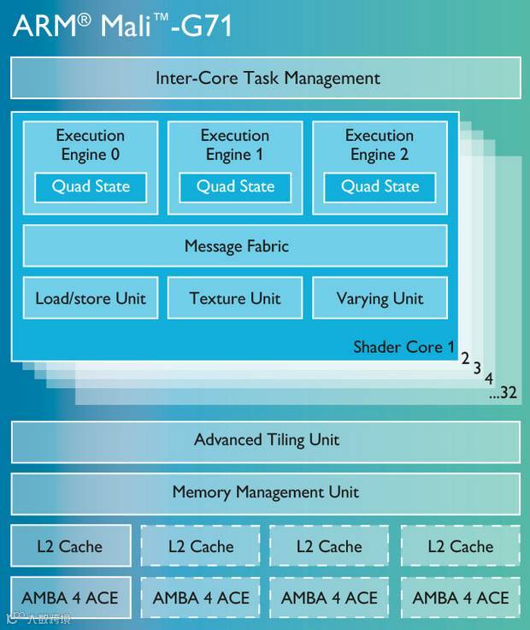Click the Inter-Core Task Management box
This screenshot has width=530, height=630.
point(266,78)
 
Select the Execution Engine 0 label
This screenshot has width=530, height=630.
point(90,144)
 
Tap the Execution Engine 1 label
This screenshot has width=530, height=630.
point(234,144)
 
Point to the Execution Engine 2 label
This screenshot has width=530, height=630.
point(380,144)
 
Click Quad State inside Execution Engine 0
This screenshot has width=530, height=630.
point(91,186)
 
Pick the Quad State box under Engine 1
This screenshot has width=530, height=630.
point(235,186)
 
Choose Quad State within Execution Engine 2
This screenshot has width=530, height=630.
point(380,186)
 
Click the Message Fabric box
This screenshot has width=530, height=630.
point(235,246)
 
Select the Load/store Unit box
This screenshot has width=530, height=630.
point(91,298)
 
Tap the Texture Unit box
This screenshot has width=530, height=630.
point(235,298)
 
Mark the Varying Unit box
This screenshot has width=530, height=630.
point(380,298)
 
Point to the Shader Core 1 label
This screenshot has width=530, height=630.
point(403,347)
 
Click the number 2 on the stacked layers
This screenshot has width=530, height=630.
point(466,358)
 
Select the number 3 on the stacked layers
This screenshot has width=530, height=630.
point(477,368)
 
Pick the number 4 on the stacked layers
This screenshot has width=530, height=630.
point(489,379)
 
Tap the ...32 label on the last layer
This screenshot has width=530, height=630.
point(503,394)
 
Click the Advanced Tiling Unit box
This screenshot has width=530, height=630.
point(266,440)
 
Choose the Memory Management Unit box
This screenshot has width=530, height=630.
point(266,492)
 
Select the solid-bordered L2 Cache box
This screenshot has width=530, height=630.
point(70,546)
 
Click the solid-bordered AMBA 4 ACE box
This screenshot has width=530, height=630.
point(70,598)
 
